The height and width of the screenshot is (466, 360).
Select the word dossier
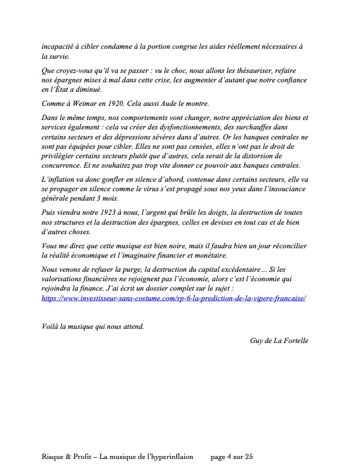click(185, 288)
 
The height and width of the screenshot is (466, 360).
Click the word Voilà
click(52, 327)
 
